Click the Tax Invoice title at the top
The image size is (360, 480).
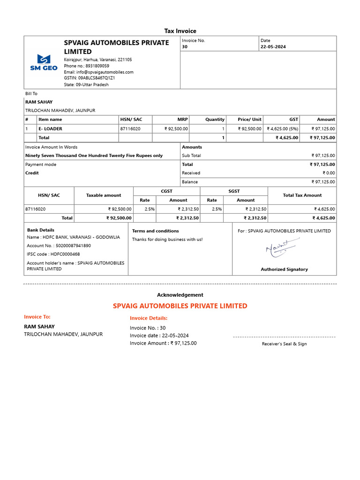coord(180,31)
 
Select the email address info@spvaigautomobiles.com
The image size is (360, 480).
coord(98,72)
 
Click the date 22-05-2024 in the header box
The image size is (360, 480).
coord(273,47)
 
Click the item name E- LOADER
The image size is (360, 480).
coord(50,128)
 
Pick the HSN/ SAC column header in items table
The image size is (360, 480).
coord(131,120)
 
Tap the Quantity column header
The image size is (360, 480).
coord(215,120)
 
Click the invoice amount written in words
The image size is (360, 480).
coord(94,156)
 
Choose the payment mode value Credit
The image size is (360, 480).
coord(32,173)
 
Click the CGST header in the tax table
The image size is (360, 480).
coord(166,191)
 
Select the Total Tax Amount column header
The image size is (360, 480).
coord(302,195)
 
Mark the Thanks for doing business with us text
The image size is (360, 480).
coord(167,240)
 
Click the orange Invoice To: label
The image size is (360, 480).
coord(37,317)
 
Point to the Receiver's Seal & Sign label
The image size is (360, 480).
coord(284,344)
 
